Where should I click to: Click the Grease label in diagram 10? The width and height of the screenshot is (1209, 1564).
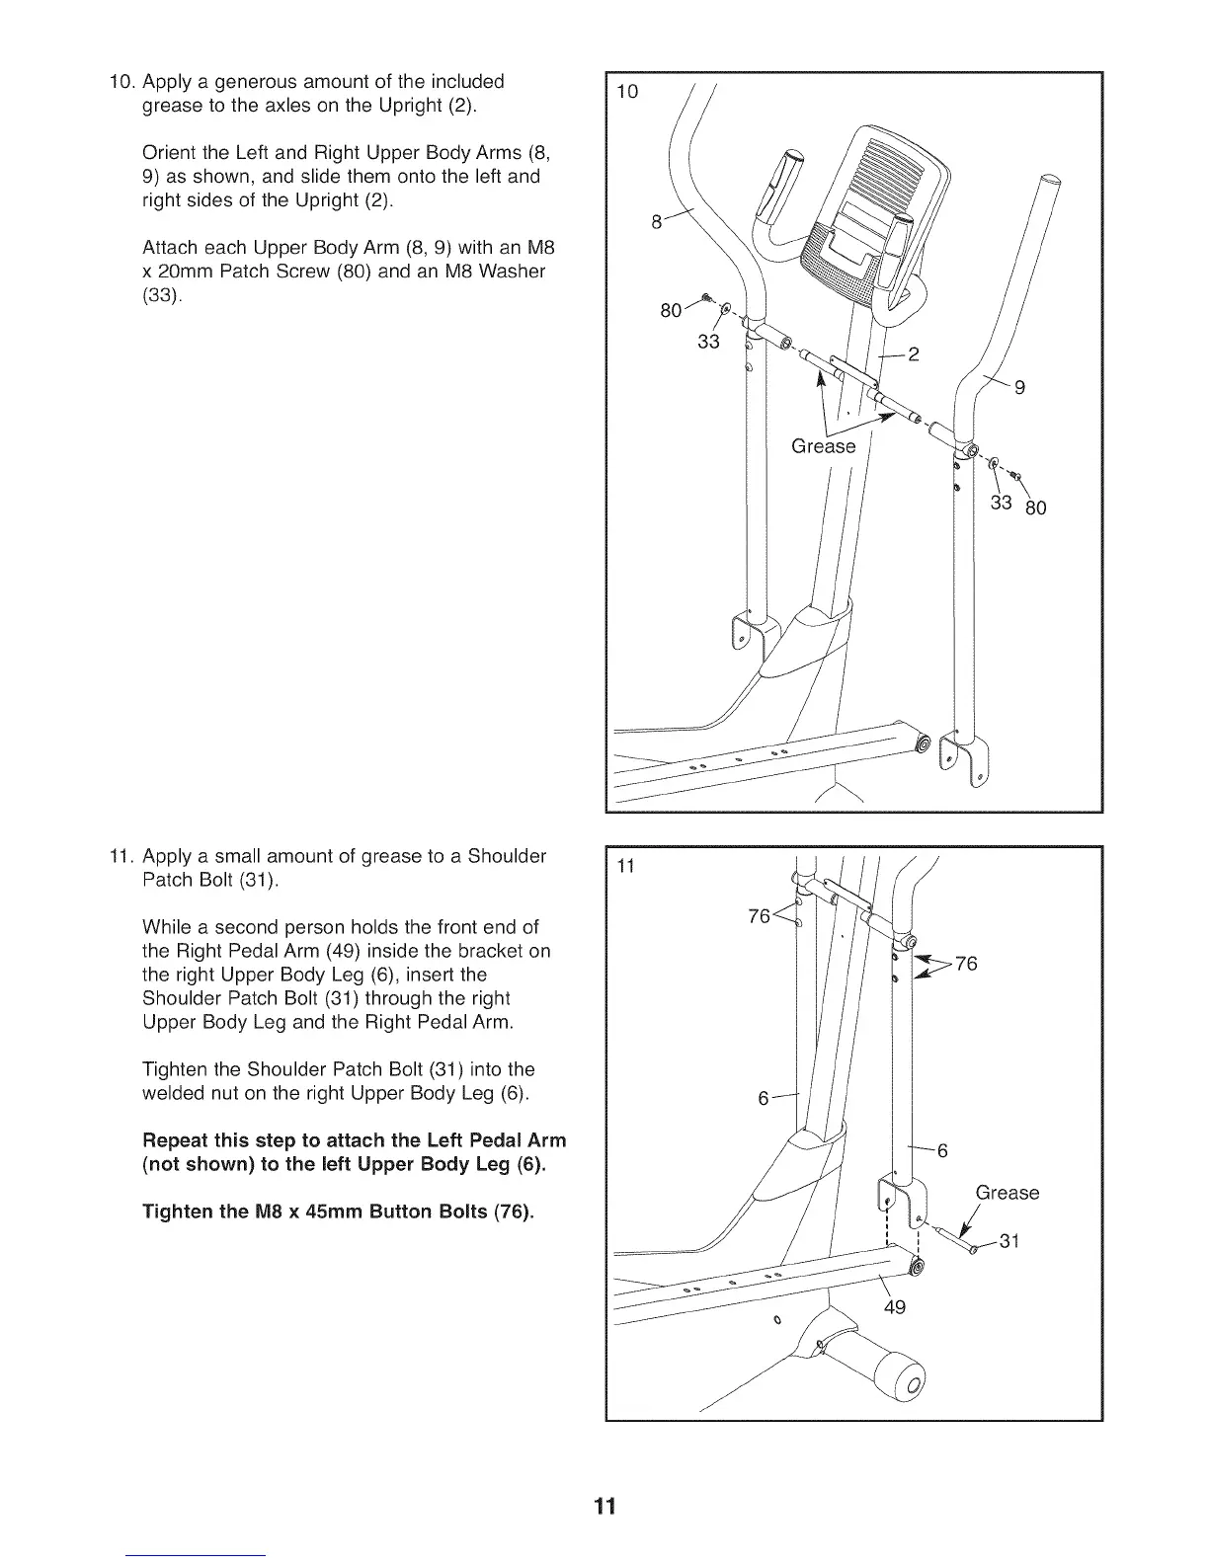tap(823, 446)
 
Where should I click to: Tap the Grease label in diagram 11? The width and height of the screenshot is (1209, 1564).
tap(1007, 1193)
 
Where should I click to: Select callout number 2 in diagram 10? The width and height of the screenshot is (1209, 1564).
tap(913, 355)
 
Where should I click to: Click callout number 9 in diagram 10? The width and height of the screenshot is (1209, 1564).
tap(1019, 388)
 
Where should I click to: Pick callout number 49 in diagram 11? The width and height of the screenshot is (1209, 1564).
tap(894, 1308)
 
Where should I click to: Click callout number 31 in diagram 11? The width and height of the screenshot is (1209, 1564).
tap(1008, 1241)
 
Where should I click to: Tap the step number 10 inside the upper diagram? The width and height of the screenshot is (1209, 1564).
tap(627, 93)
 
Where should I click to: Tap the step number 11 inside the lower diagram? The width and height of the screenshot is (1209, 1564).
tap(624, 868)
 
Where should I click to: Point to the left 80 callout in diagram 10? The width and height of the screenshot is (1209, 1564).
tap(671, 311)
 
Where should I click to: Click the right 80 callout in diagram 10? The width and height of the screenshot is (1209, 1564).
tap(1034, 509)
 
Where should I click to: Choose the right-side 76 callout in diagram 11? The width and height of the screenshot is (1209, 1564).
tap(966, 964)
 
